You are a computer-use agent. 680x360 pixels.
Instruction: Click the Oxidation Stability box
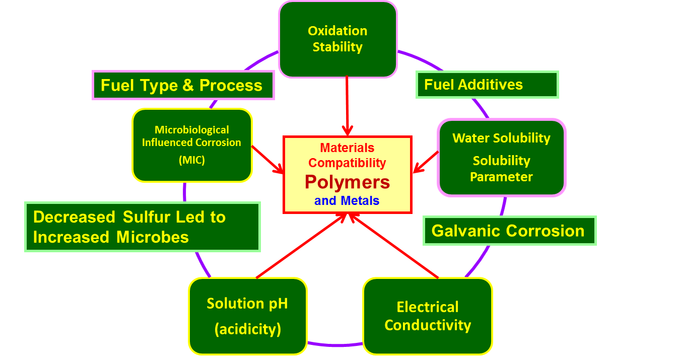click(337, 39)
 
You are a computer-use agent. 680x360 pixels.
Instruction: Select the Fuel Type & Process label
click(183, 85)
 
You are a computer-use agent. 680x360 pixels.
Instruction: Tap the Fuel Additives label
click(487, 85)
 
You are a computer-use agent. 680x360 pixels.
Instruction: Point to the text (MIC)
click(192, 160)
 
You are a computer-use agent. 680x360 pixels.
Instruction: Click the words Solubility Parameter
click(501, 169)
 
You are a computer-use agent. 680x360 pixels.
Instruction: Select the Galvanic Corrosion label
click(509, 231)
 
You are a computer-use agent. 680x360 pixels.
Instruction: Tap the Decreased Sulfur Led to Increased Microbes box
click(142, 227)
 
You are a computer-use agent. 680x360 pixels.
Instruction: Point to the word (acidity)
click(247, 329)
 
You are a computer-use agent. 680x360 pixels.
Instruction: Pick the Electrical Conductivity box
click(427, 316)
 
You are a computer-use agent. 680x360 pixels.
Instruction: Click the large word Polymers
click(347, 182)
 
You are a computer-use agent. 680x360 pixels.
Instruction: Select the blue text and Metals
click(347, 200)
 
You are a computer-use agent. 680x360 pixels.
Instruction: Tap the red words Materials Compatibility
click(347, 155)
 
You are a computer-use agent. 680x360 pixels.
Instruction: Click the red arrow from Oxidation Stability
click(347, 106)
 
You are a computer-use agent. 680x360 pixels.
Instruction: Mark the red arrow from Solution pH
click(301, 245)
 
